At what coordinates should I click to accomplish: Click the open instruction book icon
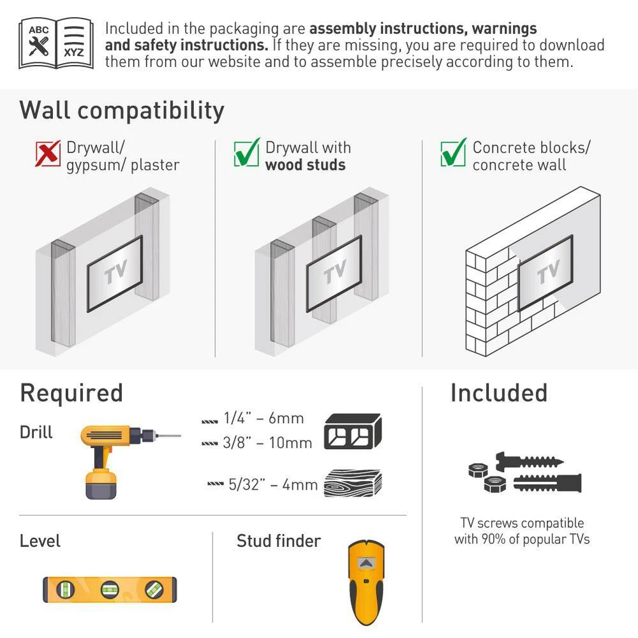56,43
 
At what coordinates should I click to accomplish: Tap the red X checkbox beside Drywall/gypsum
48,153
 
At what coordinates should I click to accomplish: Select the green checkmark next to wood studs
246,152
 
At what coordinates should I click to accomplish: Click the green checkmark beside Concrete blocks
453,152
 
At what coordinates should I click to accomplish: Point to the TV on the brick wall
545,272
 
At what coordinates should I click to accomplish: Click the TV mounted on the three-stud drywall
334,274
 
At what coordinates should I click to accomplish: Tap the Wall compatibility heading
122,110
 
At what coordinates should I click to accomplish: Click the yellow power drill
130,462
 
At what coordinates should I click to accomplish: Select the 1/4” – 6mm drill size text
263,419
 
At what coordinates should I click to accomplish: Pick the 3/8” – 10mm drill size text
267,443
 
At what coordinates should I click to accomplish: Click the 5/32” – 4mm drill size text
273,485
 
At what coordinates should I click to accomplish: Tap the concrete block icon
353,431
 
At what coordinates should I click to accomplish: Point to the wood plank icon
353,484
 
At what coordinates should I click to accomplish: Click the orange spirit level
110,589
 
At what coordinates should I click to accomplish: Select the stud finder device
366,582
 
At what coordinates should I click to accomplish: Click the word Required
71,393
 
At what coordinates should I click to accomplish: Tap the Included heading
499,393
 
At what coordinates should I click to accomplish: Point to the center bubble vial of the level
110,589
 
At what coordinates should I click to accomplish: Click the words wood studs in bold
305,165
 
